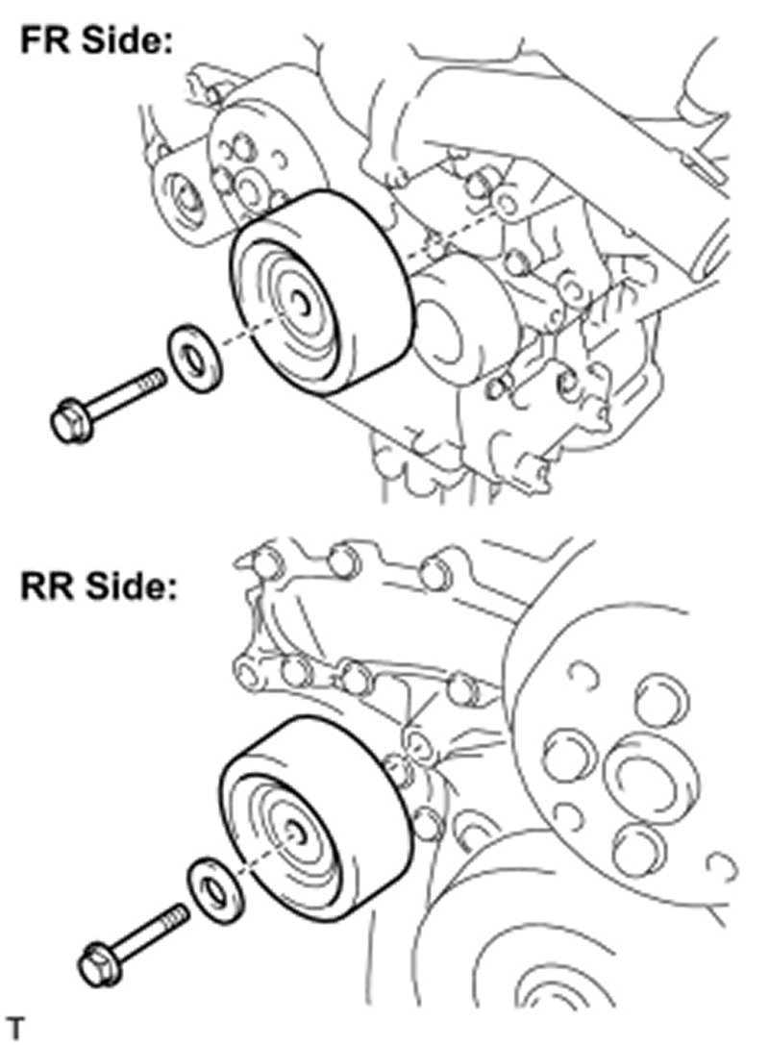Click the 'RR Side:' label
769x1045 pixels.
tap(98, 587)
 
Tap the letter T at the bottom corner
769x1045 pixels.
tap(14, 1026)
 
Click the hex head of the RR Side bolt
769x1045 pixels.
tap(98, 964)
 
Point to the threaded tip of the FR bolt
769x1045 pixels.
tap(156, 378)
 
